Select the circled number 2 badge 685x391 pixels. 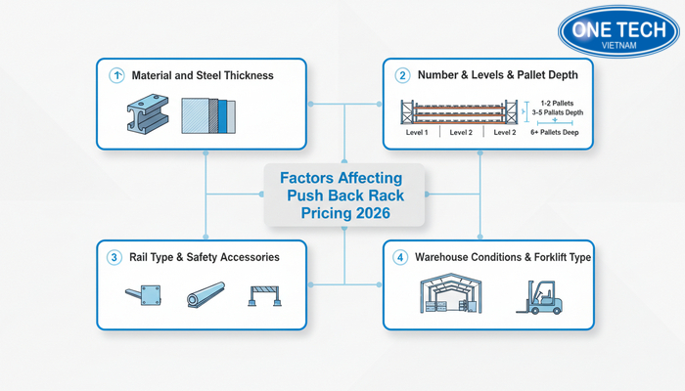[401, 75]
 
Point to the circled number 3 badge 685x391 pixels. [114, 257]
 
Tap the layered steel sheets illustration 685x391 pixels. [211, 113]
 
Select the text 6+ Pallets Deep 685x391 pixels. [554, 132]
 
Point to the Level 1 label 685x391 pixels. [417, 132]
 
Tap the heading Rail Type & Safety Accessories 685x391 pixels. [205, 257]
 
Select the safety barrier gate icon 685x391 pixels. [267, 295]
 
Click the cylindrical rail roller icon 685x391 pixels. [205, 296]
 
